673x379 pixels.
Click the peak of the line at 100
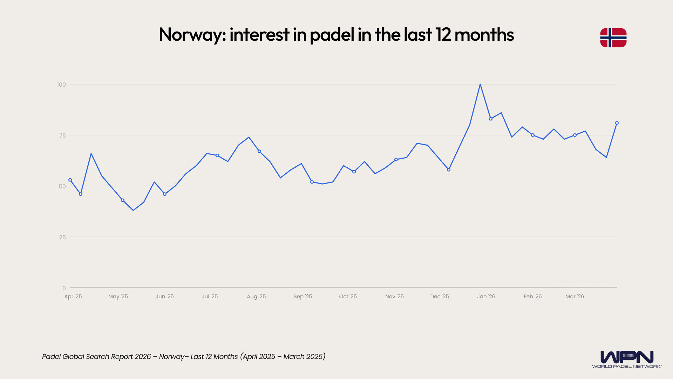tap(480, 85)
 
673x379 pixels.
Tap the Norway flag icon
tap(613, 38)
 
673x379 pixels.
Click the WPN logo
tap(627, 359)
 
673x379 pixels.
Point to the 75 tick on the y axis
tap(62, 135)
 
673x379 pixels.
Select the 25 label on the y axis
tap(62, 237)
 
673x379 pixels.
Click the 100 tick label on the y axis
tap(61, 85)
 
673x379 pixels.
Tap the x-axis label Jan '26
tap(486, 297)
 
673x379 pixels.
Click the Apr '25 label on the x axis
tap(73, 297)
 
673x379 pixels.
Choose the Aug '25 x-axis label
tap(256, 297)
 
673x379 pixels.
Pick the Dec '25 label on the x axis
tap(440, 297)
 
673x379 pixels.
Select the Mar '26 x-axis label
tap(575, 297)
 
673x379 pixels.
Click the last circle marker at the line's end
tap(617, 123)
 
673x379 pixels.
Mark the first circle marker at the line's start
tap(70, 180)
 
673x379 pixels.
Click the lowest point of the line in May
tap(133, 210)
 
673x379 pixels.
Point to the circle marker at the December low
tap(448, 170)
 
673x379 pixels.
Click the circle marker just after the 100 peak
tap(490, 119)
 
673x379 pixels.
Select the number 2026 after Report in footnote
tap(143, 357)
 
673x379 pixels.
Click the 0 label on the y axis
tap(64, 288)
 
